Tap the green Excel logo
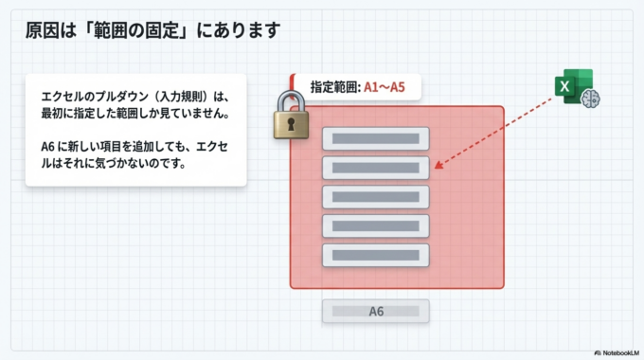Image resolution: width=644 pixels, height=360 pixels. pos(571,86)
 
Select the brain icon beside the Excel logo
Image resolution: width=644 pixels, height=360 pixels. pos(593,98)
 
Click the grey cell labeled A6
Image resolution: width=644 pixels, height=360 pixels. pos(376,311)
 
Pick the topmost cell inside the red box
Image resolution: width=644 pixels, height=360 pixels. pos(376,138)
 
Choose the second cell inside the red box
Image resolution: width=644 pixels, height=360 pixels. pos(376,168)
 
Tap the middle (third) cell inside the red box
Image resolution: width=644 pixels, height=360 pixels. pos(376,197)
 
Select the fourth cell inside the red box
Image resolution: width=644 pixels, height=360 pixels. pos(376,226)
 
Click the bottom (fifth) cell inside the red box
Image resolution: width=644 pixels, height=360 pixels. pos(376,256)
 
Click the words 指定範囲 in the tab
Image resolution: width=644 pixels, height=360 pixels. pos(333,87)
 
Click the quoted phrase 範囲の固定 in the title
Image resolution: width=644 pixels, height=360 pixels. pos(147,30)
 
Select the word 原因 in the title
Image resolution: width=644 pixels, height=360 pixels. pos(39,30)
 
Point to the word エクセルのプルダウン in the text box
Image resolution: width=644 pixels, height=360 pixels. pos(90,96)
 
